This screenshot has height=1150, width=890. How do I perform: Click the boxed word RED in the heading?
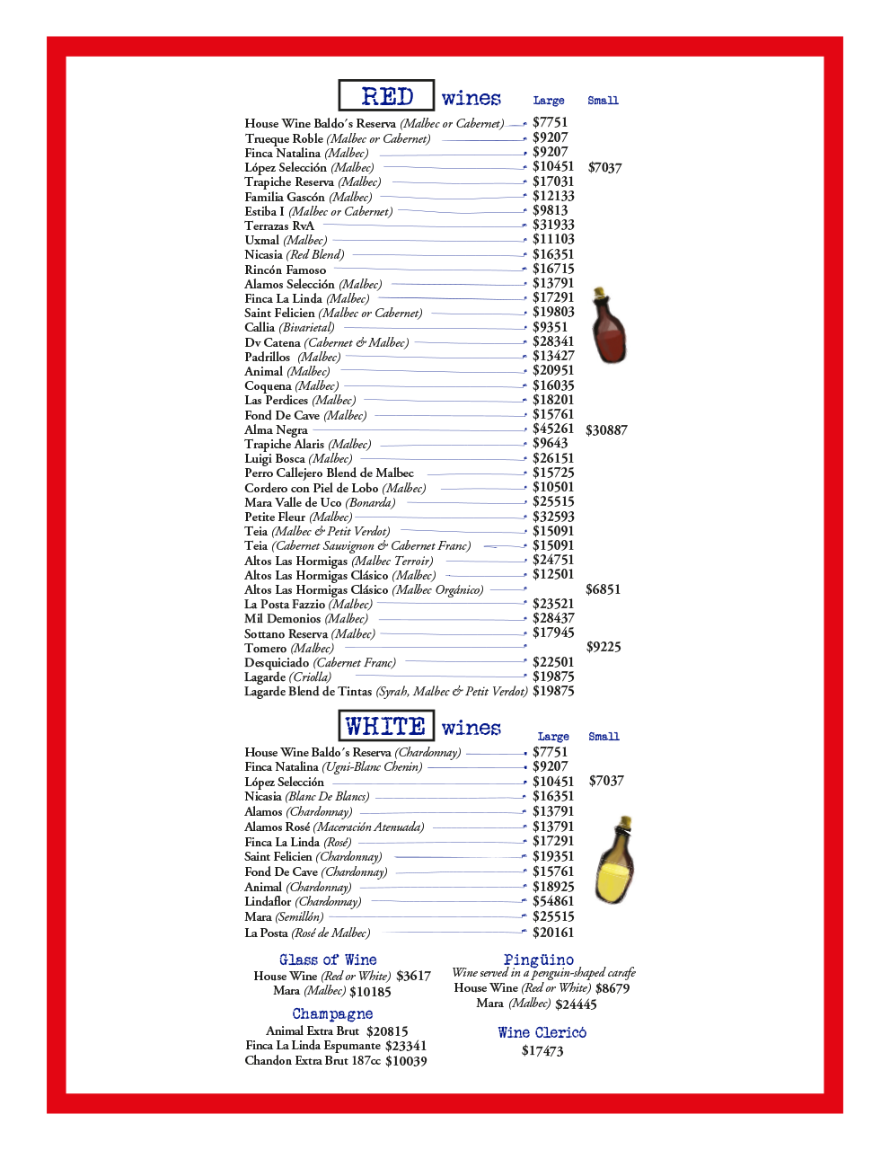tap(386, 96)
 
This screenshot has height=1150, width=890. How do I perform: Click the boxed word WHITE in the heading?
tap(385, 726)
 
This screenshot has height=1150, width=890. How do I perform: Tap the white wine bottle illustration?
tap(615, 860)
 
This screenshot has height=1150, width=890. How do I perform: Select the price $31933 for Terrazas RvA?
tap(553, 225)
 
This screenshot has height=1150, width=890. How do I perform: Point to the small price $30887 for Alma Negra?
tap(606, 430)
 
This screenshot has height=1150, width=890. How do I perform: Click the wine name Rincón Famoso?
tap(286, 270)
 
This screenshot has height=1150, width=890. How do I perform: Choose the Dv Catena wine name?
tap(273, 342)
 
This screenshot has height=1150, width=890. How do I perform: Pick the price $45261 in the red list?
tap(553, 429)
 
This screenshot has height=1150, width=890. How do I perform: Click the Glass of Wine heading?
tap(328, 960)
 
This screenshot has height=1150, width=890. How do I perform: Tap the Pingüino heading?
tap(539, 960)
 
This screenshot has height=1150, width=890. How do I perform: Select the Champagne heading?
tap(332, 1013)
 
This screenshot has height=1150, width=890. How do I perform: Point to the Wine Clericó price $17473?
tap(542, 1050)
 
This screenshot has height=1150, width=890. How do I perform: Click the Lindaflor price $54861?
tap(553, 901)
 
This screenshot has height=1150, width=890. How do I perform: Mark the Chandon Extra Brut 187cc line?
tap(336, 1061)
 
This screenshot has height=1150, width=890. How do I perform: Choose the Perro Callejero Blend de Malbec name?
tap(330, 473)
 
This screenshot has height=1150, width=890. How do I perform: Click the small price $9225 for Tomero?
tap(604, 647)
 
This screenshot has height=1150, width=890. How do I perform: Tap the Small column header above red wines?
tap(603, 101)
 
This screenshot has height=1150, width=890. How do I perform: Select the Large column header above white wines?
tap(553, 737)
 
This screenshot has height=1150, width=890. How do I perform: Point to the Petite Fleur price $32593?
tap(553, 517)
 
